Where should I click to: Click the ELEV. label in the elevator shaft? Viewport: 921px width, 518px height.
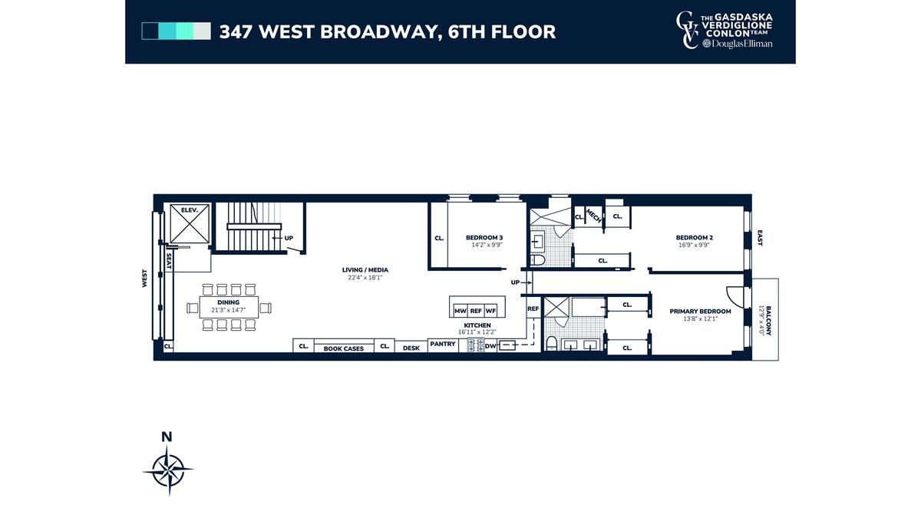[190, 210]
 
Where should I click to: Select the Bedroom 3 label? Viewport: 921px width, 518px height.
[484, 238]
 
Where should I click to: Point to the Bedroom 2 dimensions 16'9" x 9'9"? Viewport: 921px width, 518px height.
[694, 245]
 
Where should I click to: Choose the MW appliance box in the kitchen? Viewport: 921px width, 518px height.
[460, 311]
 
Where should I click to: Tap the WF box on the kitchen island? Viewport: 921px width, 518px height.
[490, 311]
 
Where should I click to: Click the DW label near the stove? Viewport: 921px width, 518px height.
[490, 346]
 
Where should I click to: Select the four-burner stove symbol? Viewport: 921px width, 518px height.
[476, 345]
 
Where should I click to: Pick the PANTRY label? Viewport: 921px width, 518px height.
[443, 344]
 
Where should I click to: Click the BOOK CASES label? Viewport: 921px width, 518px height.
[344, 348]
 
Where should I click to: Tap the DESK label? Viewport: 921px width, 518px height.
[411, 348]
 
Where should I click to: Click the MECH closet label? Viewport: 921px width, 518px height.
[593, 216]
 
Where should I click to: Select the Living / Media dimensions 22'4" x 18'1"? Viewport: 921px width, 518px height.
[365, 278]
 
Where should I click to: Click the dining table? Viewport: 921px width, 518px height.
[229, 307]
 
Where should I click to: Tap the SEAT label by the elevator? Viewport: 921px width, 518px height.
[169, 261]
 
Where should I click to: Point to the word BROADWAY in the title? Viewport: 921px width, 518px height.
[378, 32]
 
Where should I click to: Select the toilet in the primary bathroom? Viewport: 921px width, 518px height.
[551, 343]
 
